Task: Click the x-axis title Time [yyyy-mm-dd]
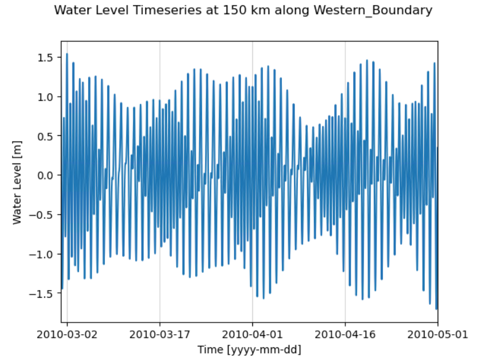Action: tap(249, 349)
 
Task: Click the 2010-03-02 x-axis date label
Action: tap(67, 335)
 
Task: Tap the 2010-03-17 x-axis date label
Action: tap(159, 335)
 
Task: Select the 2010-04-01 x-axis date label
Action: tap(252, 335)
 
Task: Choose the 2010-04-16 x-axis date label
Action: tap(345, 335)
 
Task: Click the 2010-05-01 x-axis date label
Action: tap(438, 335)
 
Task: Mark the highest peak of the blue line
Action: tap(67, 54)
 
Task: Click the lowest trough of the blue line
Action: tap(436, 308)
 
